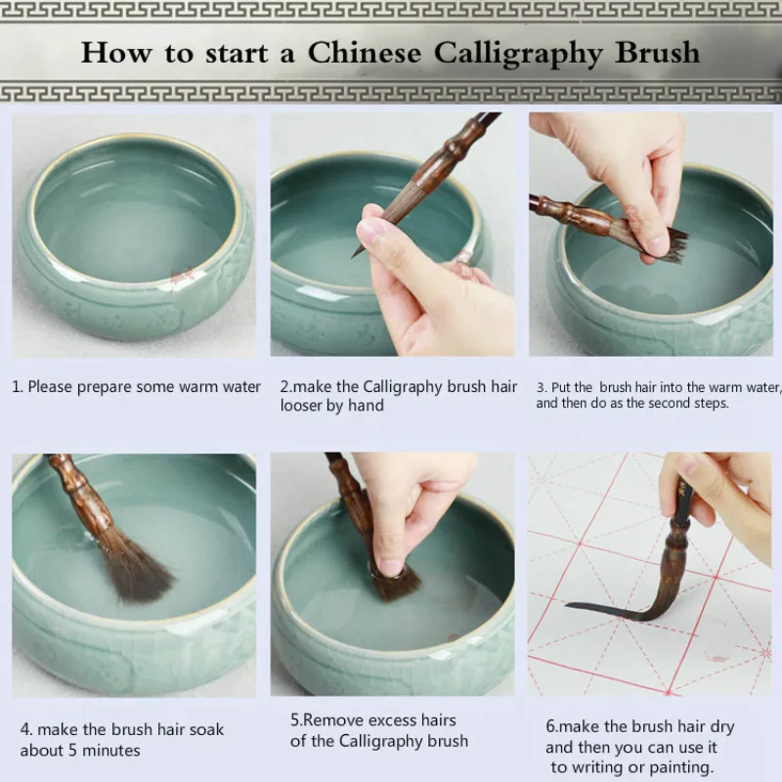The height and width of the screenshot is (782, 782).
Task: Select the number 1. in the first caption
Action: point(18,387)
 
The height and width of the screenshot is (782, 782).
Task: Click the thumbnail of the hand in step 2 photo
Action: point(371,231)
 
